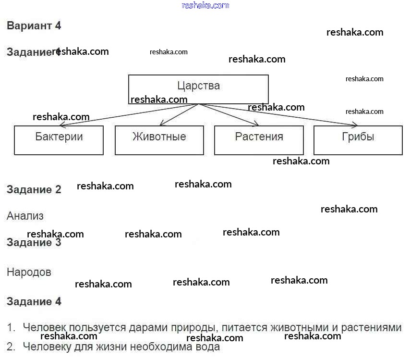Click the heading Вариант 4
click(34, 26)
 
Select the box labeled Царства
click(198, 86)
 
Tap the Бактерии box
click(59, 140)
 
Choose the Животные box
click(159, 140)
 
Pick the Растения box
click(259, 140)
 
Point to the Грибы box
click(358, 140)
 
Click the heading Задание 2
click(34, 189)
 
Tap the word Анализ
click(25, 216)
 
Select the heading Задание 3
click(34, 243)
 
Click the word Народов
click(29, 272)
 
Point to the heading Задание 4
click(34, 302)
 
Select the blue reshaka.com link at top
click(205, 5)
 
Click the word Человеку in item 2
click(46, 346)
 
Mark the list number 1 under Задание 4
click(11, 328)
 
